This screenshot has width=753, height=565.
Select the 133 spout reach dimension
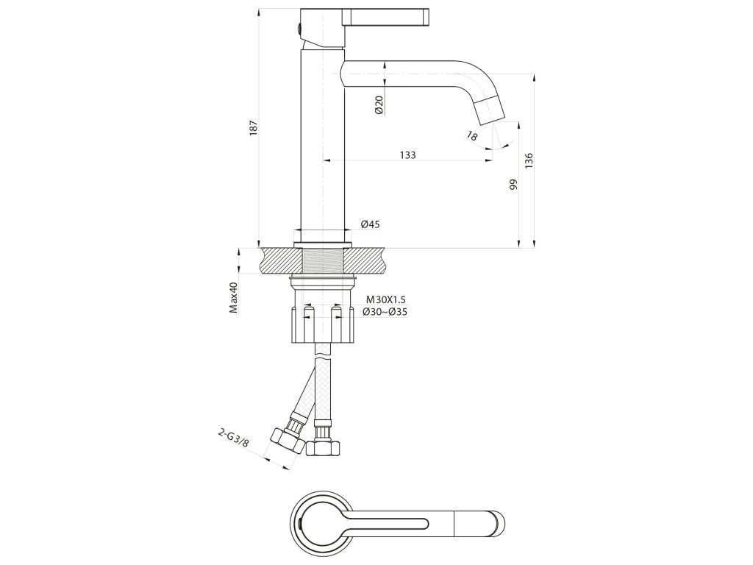pyautogui.click(x=408, y=154)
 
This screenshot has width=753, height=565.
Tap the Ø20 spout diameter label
pyautogui.click(x=378, y=105)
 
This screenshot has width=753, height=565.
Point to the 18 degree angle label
pyautogui.click(x=472, y=136)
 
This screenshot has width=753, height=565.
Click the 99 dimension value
pyautogui.click(x=513, y=185)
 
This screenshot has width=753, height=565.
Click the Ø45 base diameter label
pyautogui.click(x=370, y=224)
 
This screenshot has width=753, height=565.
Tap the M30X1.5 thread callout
pyautogui.click(x=386, y=299)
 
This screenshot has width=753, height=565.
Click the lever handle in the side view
pyautogui.click(x=386, y=15)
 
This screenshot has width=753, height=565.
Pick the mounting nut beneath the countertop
pyautogui.click(x=324, y=324)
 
